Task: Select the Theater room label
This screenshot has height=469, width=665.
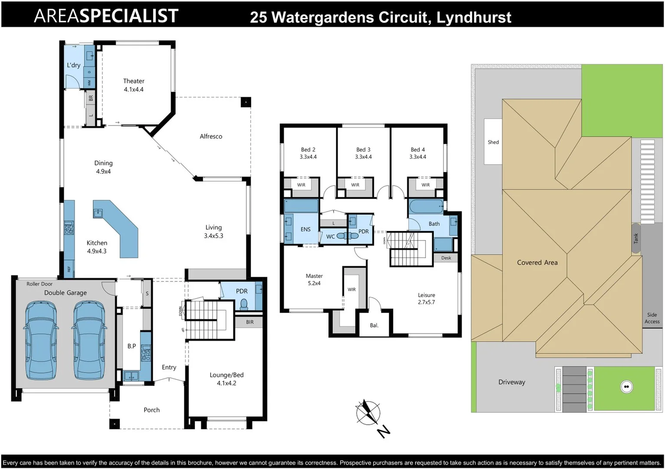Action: [x=134, y=85]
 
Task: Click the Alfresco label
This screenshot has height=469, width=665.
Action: [x=211, y=136]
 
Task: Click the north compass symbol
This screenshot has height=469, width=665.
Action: [x=368, y=413]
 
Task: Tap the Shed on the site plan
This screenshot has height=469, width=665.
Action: [x=493, y=142]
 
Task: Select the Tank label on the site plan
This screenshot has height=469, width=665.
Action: [x=636, y=238]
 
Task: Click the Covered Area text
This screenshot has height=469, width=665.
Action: [x=537, y=262]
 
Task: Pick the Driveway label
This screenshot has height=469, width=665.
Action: [x=511, y=382]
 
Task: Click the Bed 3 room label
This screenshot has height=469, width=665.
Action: [x=363, y=153]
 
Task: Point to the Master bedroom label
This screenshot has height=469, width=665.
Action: [x=314, y=279]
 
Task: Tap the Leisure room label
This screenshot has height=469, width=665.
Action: [x=426, y=298]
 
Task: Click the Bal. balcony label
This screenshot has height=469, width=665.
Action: [x=374, y=325]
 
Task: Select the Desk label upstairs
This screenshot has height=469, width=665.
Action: [x=446, y=258]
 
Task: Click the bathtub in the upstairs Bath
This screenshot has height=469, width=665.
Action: [x=426, y=206]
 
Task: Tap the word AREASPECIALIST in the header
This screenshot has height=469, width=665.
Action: [x=106, y=16]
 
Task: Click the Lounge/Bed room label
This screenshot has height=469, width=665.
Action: [x=226, y=379]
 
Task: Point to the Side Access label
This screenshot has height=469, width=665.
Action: [x=652, y=318]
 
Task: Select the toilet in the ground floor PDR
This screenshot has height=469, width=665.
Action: [x=244, y=304]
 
